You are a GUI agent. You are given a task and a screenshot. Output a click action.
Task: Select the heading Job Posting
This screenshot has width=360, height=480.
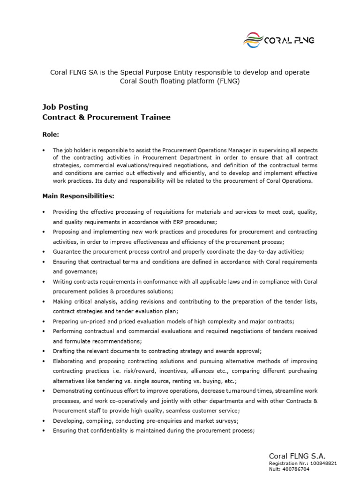[65, 107]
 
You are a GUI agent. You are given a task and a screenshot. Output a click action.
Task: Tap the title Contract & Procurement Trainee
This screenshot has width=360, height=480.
[106, 117]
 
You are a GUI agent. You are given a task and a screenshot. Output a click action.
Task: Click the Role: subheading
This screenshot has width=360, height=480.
[51, 134]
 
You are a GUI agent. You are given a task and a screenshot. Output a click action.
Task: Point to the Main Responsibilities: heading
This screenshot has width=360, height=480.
[78, 195]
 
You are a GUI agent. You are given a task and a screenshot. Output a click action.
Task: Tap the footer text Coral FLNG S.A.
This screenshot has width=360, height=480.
[297, 456]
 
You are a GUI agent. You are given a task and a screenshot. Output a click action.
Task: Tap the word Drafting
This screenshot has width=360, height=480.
[63, 351]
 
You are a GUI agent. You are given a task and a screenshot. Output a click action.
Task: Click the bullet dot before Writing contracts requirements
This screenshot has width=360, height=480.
[43, 282]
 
